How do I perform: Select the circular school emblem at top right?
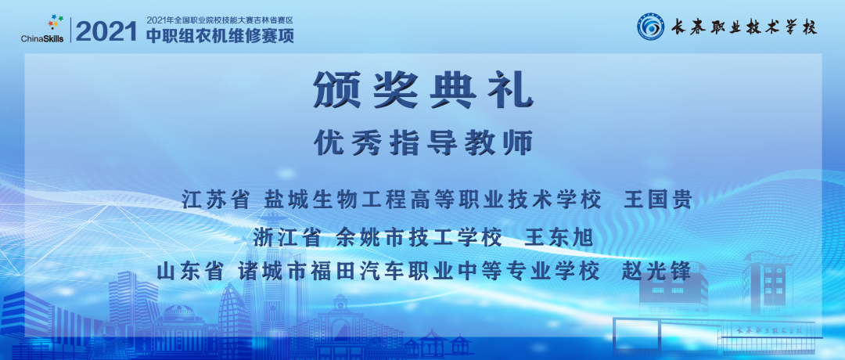pyautogui.click(x=650, y=27)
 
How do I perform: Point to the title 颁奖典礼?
pyautogui.click(x=422, y=92)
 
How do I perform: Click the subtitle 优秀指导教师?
pyautogui.click(x=422, y=142)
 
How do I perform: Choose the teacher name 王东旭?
pyautogui.click(x=559, y=236)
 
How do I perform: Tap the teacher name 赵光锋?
pyautogui.click(x=655, y=272)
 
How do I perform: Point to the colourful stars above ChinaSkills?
pyautogui.click(x=52, y=23)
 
